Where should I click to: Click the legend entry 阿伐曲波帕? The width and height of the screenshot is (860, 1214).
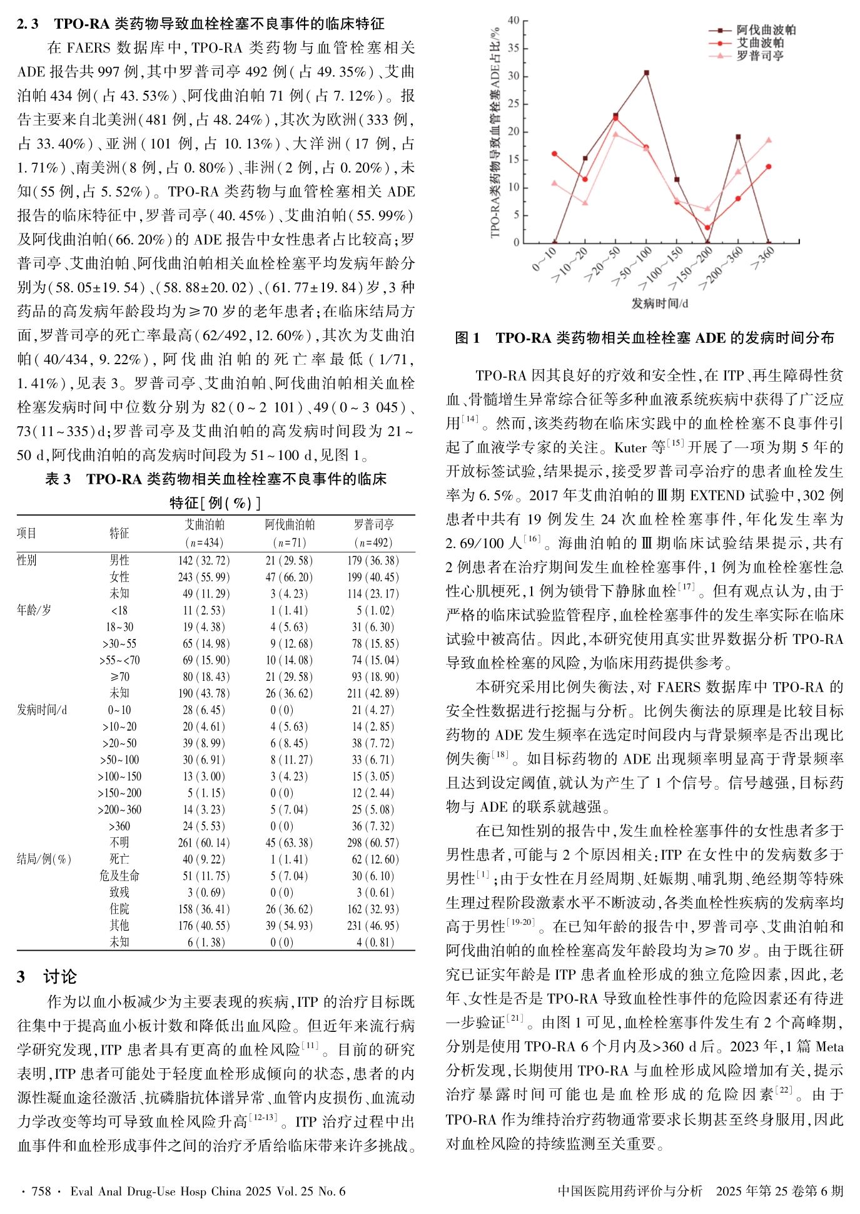766,30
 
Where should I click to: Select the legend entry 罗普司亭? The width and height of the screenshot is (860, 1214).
759,56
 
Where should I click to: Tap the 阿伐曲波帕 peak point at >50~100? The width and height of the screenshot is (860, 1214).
646,73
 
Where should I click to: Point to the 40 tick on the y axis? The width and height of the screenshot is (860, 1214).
513,21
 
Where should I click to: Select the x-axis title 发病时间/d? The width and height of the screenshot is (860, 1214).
660,303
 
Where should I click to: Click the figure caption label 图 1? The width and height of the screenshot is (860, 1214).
467,339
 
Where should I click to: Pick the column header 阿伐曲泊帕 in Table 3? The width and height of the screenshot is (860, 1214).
289,524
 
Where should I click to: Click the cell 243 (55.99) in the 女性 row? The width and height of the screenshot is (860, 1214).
203,577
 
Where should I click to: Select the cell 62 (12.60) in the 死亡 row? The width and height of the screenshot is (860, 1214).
374,860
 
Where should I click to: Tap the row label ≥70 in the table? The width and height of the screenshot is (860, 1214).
119,676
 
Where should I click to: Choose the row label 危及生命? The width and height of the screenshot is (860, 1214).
119,876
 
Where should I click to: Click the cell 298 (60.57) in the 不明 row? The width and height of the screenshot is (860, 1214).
374,843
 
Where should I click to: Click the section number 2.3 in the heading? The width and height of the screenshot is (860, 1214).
28,24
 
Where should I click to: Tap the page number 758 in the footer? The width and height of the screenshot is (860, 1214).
41,1191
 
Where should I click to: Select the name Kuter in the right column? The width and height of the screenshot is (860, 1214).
630,447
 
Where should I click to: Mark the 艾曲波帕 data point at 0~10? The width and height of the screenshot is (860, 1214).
554,154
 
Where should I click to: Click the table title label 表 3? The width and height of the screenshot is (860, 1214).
58,479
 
